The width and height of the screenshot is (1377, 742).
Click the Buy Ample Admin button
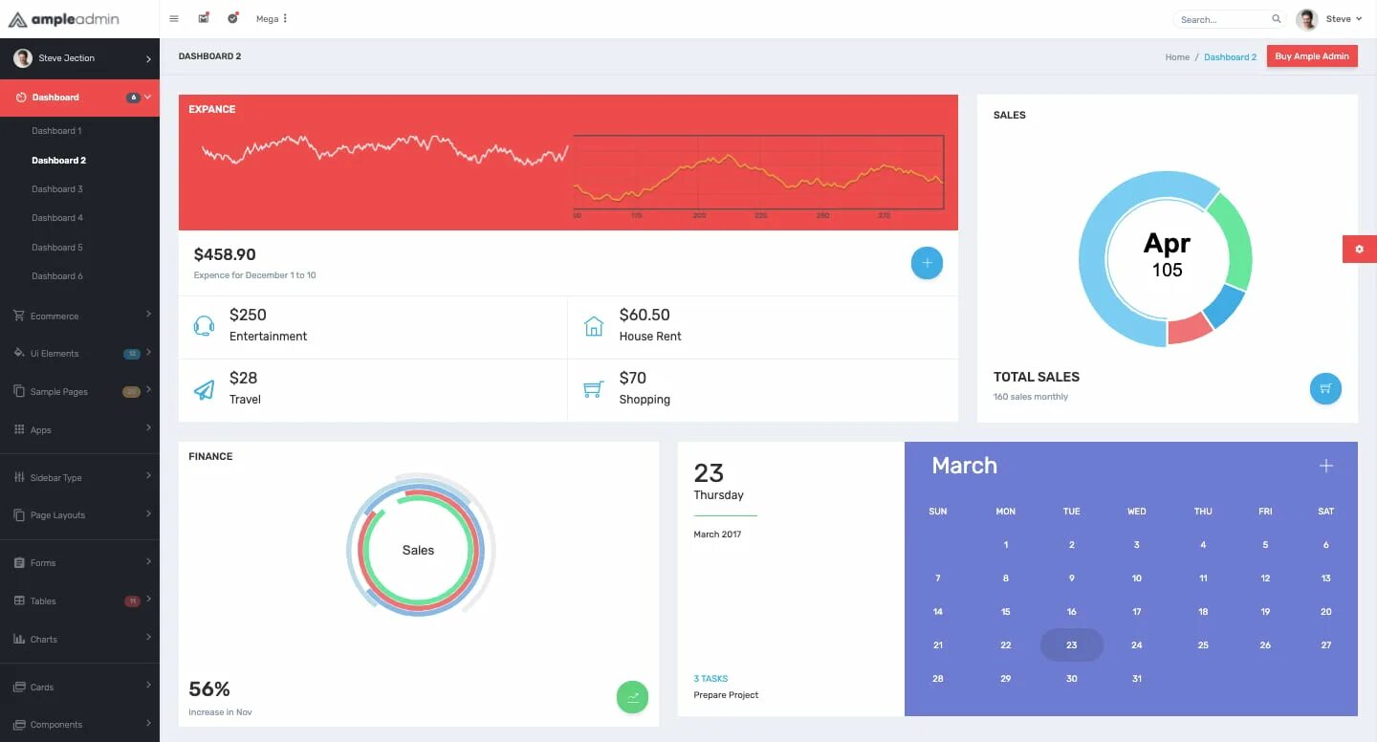click(x=1312, y=56)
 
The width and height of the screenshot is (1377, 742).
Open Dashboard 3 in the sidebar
click(x=57, y=189)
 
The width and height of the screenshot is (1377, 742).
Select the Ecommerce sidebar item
click(x=55, y=316)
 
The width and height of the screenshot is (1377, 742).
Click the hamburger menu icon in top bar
click(x=173, y=18)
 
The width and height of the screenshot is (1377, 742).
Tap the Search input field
click(x=1223, y=19)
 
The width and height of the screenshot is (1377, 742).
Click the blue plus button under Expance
click(x=927, y=263)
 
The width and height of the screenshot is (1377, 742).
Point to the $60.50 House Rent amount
click(x=645, y=315)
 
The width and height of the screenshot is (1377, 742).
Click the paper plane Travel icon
click(x=204, y=389)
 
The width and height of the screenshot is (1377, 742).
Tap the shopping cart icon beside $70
click(x=593, y=389)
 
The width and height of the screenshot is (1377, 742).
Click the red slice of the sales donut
click(x=1190, y=329)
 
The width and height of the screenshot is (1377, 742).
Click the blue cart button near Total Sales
click(x=1325, y=388)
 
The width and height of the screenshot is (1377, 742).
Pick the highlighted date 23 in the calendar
click(x=1071, y=645)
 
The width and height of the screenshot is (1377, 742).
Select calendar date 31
click(x=1136, y=679)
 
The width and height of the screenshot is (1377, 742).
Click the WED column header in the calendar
click(x=1136, y=512)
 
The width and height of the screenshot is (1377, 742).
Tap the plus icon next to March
click(x=1325, y=466)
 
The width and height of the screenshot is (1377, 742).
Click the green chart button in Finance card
click(x=632, y=697)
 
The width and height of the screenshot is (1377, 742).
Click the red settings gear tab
click(x=1359, y=249)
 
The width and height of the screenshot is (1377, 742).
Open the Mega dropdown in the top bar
click(x=272, y=19)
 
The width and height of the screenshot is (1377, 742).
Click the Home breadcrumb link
click(x=1177, y=57)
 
